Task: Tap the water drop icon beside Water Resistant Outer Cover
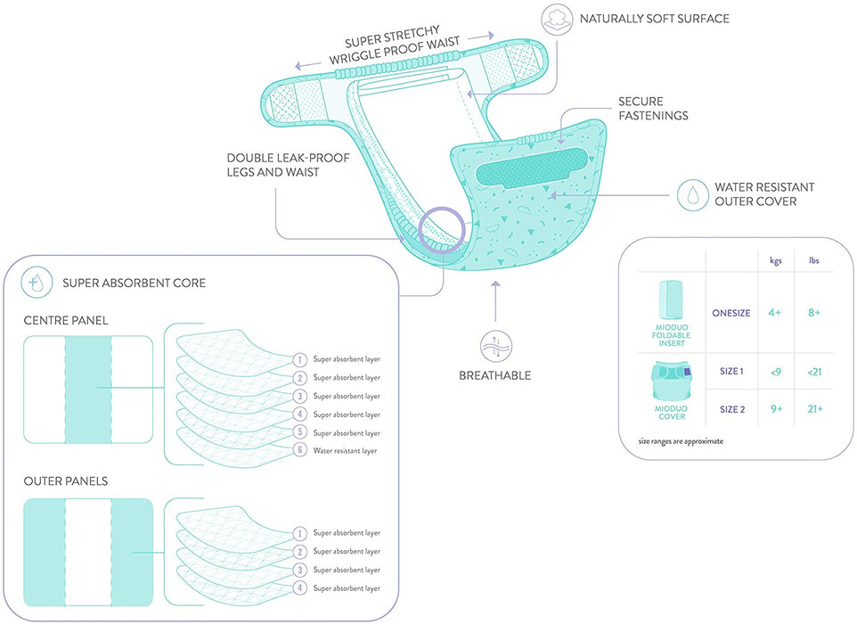pyautogui.click(x=692, y=195)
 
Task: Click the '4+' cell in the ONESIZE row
pyautogui.click(x=776, y=312)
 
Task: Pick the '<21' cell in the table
pyautogui.click(x=814, y=371)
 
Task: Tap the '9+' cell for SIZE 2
pyautogui.click(x=776, y=409)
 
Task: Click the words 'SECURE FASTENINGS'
pyautogui.click(x=641, y=109)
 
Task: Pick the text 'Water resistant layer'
pyautogui.click(x=347, y=452)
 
